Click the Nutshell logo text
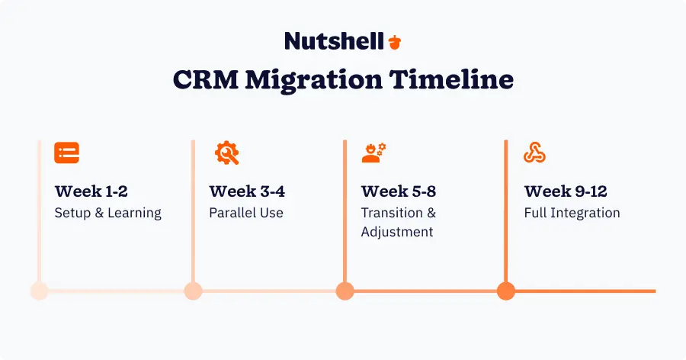pos(334,40)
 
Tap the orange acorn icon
pos(394,41)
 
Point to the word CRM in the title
pos(204,80)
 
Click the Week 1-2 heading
pos(92,191)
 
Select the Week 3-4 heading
pos(247,191)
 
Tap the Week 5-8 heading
pos(399,191)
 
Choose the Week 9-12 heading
pos(566,191)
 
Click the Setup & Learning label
pos(107,213)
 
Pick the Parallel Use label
pos(246,213)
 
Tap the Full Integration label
pos(572,213)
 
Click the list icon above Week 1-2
pos(67,153)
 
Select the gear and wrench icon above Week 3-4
pos(226,153)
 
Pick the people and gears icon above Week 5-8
pos(373,153)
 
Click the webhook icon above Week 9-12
pos(534,153)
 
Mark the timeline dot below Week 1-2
pos(39,291)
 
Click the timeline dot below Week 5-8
pos(345,291)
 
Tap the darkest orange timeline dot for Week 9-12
pos(505,291)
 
